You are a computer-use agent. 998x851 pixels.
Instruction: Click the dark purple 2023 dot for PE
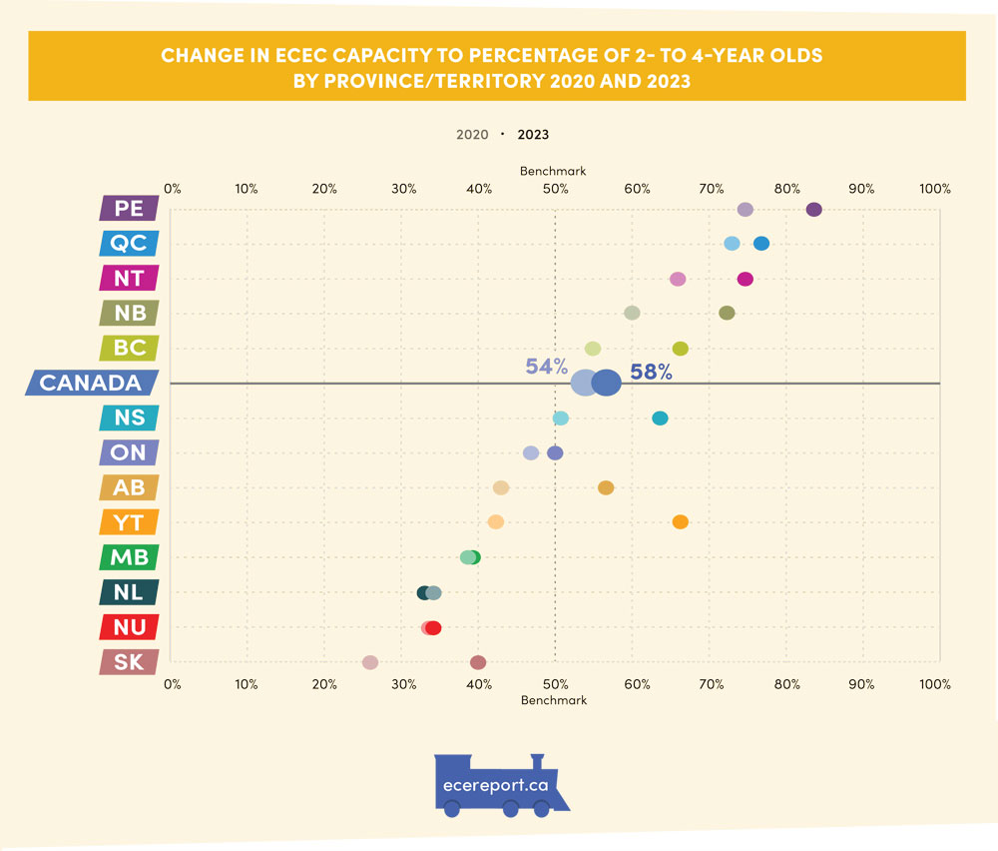point(813,209)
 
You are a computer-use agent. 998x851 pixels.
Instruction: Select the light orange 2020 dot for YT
point(495,521)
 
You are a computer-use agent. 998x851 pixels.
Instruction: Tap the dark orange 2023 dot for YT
point(680,521)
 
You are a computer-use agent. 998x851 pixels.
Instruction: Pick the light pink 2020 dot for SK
point(370,662)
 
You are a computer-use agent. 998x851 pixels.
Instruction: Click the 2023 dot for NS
point(660,418)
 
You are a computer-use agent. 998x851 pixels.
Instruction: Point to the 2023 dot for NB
point(727,313)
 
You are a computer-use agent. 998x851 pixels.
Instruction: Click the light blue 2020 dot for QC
point(732,244)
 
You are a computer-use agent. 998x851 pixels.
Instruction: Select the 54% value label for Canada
point(546,366)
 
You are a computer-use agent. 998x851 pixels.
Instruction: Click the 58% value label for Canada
point(651,373)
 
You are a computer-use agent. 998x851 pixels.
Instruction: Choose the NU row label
point(129,627)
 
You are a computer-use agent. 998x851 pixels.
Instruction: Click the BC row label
point(129,348)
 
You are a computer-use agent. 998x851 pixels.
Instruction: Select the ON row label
point(129,452)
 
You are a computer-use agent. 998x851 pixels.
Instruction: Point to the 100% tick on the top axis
point(935,189)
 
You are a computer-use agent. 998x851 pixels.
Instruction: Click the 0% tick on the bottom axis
point(172,684)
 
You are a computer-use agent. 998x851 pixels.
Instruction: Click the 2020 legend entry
point(472,134)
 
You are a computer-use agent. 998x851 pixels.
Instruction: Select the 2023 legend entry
point(533,134)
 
